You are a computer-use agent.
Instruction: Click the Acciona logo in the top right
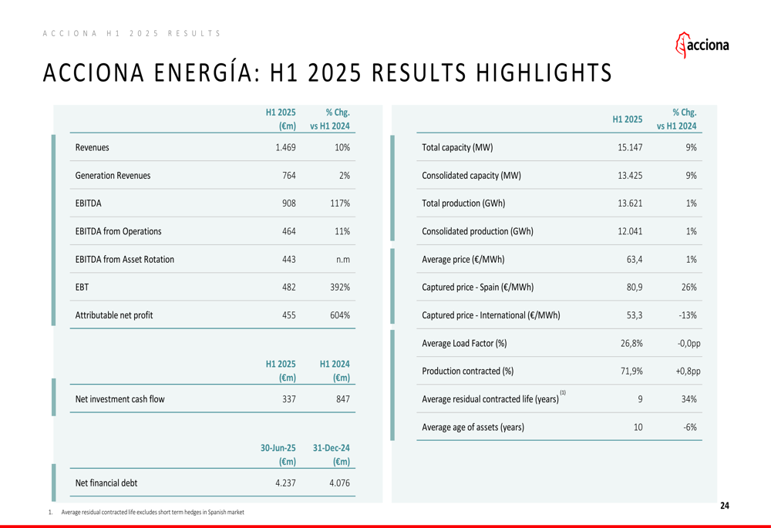tap(702, 45)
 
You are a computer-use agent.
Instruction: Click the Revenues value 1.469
tap(285, 147)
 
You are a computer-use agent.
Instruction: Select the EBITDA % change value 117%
tap(339, 203)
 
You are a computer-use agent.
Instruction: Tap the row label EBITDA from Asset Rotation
tap(124, 259)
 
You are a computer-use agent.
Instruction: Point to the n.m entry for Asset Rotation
tap(343, 259)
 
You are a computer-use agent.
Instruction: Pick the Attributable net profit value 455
tap(288, 314)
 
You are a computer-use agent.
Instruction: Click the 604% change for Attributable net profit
tap(339, 314)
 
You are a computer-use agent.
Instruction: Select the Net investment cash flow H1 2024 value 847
tap(342, 399)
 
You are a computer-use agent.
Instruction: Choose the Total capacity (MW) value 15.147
tap(630, 147)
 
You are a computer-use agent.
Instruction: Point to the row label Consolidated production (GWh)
tap(477, 231)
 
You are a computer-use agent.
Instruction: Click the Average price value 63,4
tap(635, 259)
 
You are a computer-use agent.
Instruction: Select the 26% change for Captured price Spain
tap(689, 287)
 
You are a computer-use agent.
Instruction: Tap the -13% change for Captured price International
tap(687, 314)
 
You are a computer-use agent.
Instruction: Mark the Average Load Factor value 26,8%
tap(631, 343)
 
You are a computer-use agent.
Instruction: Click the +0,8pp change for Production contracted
tap(683, 371)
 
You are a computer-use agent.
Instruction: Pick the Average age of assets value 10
tap(638, 427)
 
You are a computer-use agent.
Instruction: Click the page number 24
tap(724, 506)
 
